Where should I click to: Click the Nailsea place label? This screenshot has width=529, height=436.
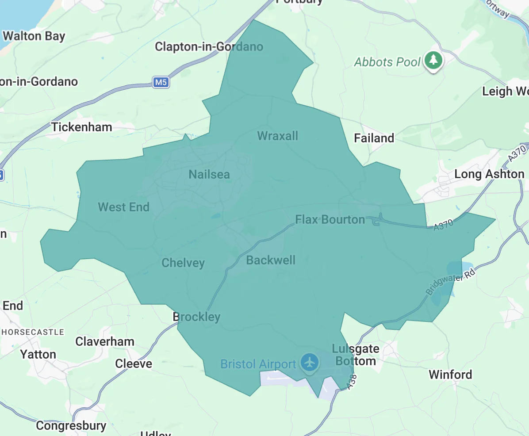pos(209,174)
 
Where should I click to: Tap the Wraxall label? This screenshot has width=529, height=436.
pos(277,136)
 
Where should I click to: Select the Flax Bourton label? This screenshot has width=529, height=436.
pos(330,219)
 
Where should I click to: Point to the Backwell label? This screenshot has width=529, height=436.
pos(271,260)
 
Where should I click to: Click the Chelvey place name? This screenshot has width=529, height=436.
pos(183,263)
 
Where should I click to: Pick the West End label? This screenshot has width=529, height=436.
pos(123,207)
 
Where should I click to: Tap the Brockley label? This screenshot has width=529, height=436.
pos(196,317)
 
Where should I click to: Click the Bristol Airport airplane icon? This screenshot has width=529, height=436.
pos(310,362)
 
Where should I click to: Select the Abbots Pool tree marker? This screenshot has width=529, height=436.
pos(433,60)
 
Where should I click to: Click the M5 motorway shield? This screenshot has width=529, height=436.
pos(161,82)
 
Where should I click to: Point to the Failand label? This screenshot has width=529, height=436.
pos(374,138)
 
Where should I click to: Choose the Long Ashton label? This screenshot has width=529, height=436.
pos(489,174)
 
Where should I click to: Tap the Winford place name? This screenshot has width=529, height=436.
pos(450,375)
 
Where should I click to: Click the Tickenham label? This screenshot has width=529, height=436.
pos(82,127)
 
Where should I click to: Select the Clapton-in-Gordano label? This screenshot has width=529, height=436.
pos(209,47)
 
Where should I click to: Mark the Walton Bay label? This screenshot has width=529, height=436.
pos(34,36)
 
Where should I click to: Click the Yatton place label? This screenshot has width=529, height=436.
pos(38,354)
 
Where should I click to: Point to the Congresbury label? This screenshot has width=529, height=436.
pos(71,425)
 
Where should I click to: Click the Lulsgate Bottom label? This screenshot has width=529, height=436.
pos(356,355)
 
